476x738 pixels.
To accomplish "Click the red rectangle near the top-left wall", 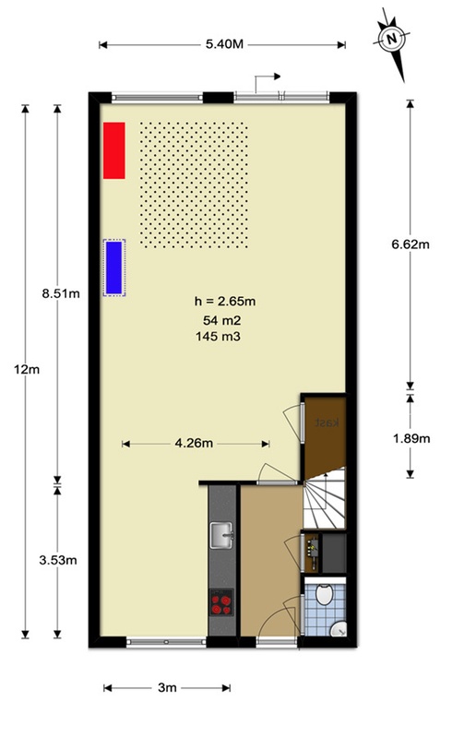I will click(x=113, y=149).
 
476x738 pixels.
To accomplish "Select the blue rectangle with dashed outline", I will click(x=114, y=267).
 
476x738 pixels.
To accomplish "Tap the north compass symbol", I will click(x=392, y=39).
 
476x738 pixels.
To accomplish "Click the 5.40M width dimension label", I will click(x=222, y=43).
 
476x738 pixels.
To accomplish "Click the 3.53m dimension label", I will click(x=58, y=560).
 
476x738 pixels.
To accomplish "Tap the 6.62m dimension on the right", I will click(x=411, y=244).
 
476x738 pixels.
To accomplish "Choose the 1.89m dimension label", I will click(x=411, y=438).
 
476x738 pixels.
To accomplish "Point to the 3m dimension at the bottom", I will click(x=166, y=688).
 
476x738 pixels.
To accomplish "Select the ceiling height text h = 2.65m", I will click(x=224, y=300).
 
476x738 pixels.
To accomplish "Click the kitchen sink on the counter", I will click(x=222, y=534).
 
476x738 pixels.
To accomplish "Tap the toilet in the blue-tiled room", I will click(x=338, y=628).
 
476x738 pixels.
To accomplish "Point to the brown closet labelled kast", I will click(x=327, y=425).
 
